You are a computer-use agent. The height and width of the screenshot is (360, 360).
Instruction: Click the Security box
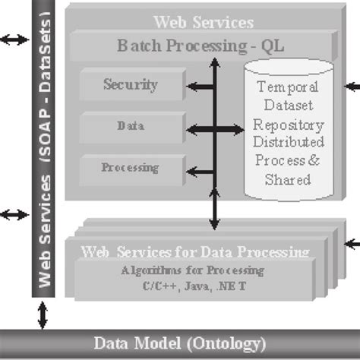click(x=130, y=85)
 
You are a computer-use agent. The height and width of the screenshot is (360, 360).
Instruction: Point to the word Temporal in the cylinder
click(x=289, y=89)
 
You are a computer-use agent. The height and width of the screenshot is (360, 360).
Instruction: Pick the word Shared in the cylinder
click(x=289, y=179)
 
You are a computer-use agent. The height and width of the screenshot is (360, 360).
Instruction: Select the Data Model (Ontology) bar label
click(x=180, y=343)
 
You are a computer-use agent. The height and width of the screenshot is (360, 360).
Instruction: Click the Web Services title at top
click(x=203, y=24)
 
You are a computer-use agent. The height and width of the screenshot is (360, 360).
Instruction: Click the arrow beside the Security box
click(x=197, y=87)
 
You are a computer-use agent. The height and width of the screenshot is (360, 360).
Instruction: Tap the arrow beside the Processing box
click(x=197, y=169)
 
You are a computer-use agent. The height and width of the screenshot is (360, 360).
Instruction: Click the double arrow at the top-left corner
click(x=13, y=39)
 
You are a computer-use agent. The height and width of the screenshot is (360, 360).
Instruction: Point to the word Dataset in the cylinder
click(x=289, y=107)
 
